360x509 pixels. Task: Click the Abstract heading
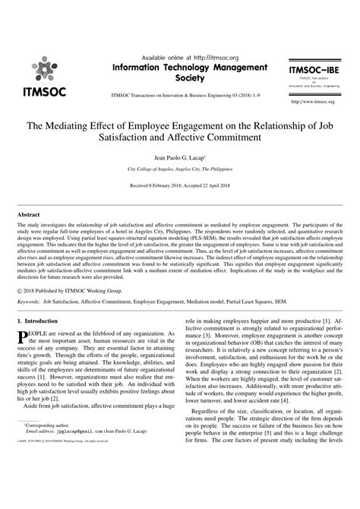30,214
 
